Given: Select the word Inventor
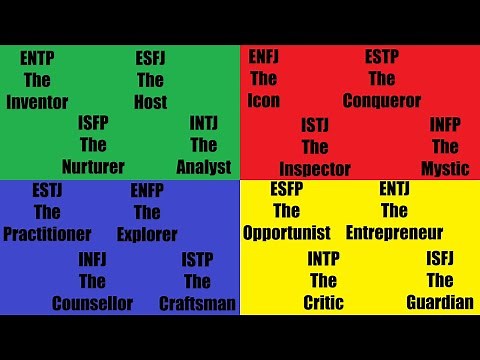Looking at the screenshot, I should click(x=37, y=102).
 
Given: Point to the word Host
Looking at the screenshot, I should click(x=150, y=102).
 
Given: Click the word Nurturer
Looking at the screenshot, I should click(x=93, y=167).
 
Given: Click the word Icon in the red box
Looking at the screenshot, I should click(x=264, y=101).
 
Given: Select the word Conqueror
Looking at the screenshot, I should click(x=382, y=101).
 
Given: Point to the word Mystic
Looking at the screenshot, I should click(x=445, y=168).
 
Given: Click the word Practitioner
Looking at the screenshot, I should click(x=47, y=234).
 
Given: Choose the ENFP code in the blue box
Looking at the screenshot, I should click(x=147, y=190).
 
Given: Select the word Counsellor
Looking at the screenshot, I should click(x=92, y=303).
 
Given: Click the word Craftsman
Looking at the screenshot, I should click(x=198, y=303).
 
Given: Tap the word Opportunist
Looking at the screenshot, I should click(x=287, y=233).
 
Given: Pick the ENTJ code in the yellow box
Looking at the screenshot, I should click(x=394, y=189).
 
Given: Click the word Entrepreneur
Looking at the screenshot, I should click(x=394, y=233).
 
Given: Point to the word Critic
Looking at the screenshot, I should click(x=323, y=303).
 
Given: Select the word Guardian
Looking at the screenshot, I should click(x=440, y=303).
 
